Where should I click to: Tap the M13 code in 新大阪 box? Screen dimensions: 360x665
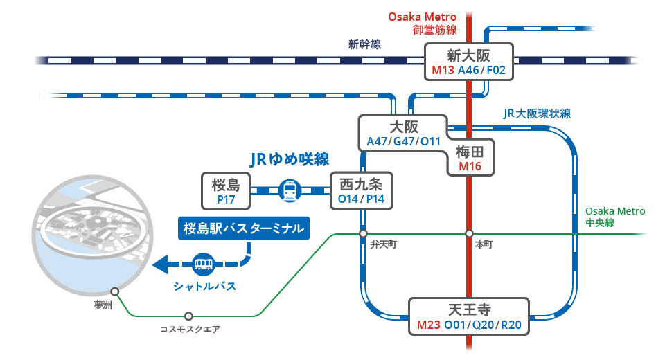coord(443,71)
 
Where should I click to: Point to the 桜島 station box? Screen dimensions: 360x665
coord(225,191)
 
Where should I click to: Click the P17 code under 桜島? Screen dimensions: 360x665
coord(225,199)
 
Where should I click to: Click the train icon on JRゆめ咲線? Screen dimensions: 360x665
coord(290,190)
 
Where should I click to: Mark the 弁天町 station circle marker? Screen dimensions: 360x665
coord(363,233)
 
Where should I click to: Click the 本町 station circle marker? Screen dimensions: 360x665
coord(469,233)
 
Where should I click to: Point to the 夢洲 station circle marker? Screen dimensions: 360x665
coord(115,291)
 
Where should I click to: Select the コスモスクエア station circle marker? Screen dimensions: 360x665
coord(188,316)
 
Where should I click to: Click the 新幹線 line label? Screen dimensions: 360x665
coord(364,45)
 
